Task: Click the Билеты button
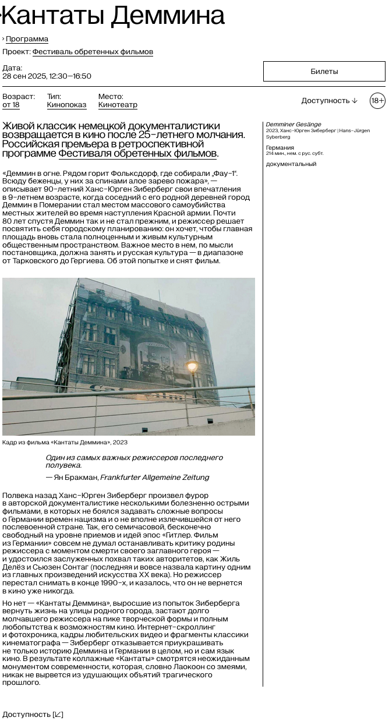point(324,72)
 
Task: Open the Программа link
point(27,39)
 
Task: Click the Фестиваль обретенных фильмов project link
point(93,52)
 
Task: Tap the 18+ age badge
point(377,101)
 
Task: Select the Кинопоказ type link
point(66,105)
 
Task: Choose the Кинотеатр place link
point(118,105)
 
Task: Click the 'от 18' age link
point(10,105)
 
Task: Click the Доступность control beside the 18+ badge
point(329,101)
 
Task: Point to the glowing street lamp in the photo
point(192,366)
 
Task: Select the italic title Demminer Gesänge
point(293,125)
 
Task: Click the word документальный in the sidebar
point(291,164)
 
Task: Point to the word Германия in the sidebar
point(280,148)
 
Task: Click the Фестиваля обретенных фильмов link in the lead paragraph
point(137,154)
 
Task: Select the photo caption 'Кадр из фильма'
point(65,443)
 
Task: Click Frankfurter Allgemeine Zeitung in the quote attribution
point(154,478)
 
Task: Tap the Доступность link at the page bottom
point(33,715)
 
